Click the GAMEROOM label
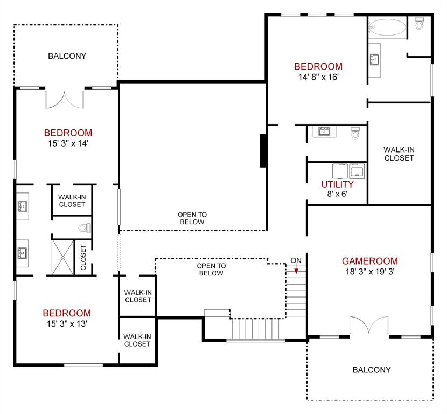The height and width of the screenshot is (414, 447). [369, 261]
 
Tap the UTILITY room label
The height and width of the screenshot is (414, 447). [337, 184]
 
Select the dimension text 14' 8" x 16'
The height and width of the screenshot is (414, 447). [318, 77]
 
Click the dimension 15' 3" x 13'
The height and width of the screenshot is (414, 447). [67, 323]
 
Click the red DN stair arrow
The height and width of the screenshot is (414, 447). [296, 271]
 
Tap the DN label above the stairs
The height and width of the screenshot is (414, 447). [296, 261]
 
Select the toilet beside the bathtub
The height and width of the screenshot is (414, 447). [420, 24]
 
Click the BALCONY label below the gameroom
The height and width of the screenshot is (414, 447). [372, 370]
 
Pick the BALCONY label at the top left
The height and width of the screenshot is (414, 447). [67, 56]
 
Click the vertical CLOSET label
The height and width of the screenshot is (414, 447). [83, 258]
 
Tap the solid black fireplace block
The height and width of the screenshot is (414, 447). [263, 150]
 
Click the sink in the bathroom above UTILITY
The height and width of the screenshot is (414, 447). [324, 131]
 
